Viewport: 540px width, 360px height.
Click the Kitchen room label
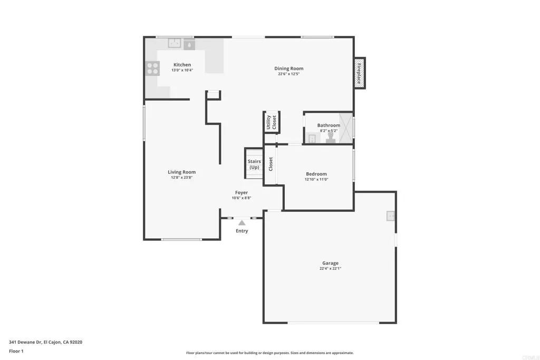(182, 65)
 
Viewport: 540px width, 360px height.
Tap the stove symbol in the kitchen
(152, 69)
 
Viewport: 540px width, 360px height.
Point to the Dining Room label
(288, 68)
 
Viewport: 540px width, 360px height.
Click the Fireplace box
(360, 73)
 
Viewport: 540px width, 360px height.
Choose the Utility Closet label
(271, 122)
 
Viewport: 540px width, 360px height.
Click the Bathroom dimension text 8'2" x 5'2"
(329, 131)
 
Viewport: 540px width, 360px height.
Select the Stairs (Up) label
(254, 164)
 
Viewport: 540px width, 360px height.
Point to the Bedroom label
(316, 174)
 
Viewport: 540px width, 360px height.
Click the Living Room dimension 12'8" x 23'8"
(181, 178)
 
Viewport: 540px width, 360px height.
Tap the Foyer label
(241, 192)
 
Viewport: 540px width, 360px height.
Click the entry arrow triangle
(242, 223)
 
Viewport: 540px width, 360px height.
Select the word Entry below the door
(242, 231)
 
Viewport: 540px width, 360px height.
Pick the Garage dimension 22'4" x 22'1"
(330, 268)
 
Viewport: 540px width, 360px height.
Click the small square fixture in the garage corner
(391, 216)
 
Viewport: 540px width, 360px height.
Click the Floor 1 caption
(17, 351)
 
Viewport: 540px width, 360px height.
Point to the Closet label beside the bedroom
(271, 164)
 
